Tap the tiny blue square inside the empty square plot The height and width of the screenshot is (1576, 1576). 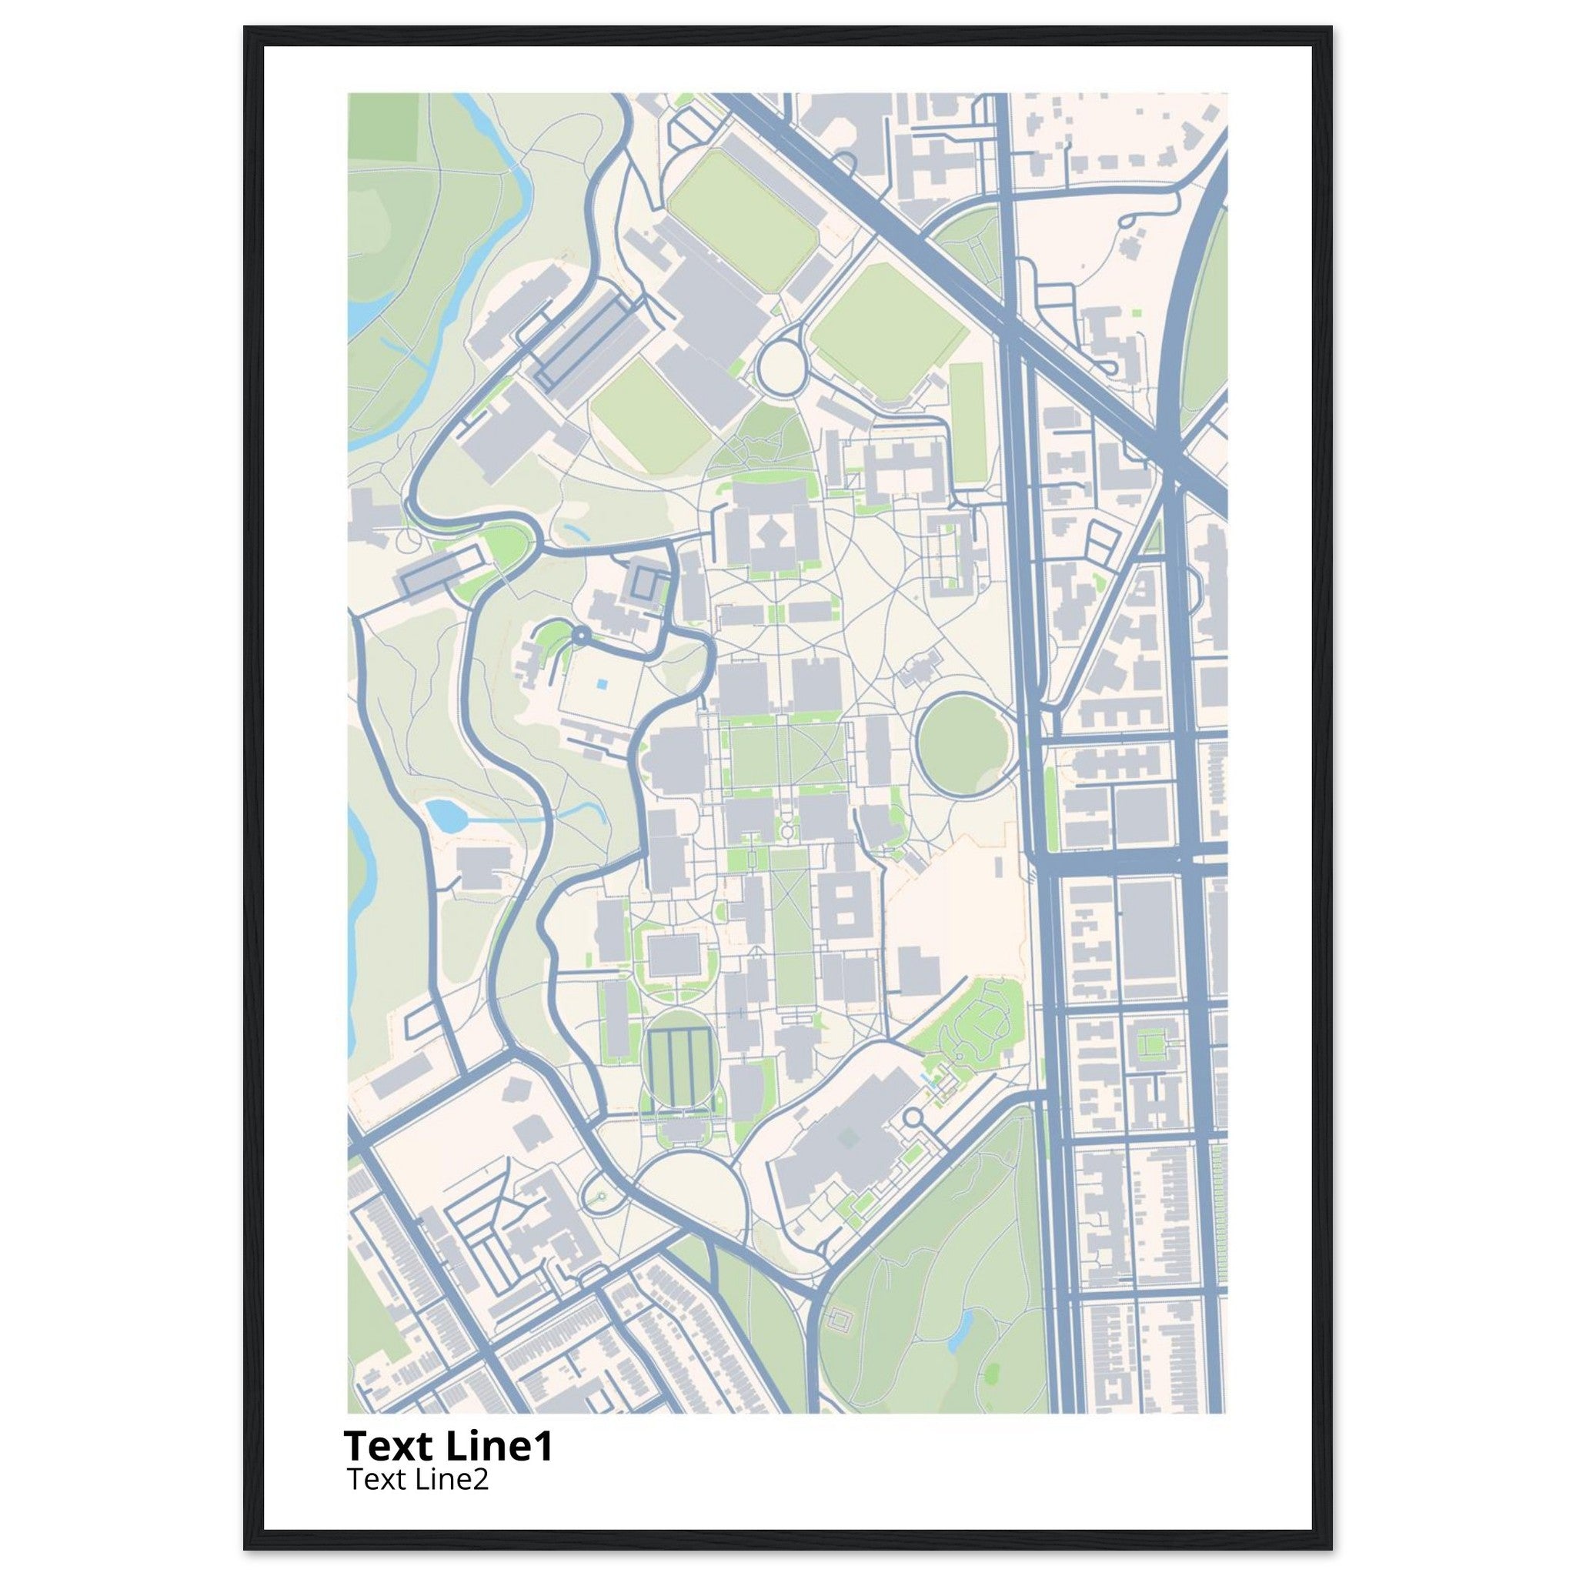[601, 685]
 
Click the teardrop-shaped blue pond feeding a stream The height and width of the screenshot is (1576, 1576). [443, 815]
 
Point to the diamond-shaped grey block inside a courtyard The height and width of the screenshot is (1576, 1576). [772, 534]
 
